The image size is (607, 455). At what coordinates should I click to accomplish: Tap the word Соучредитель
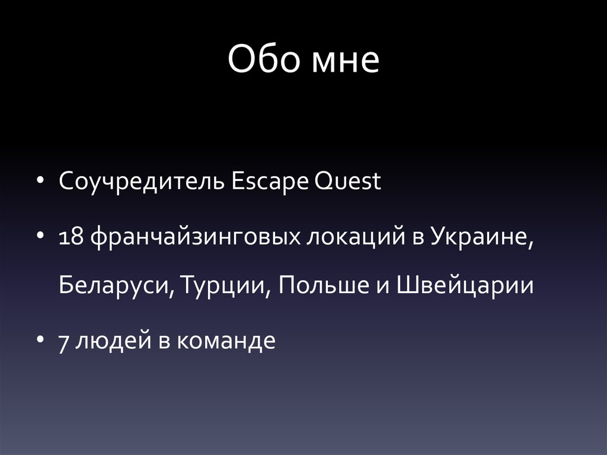(x=140, y=182)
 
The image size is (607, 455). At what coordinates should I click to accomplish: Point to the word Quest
(x=348, y=182)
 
